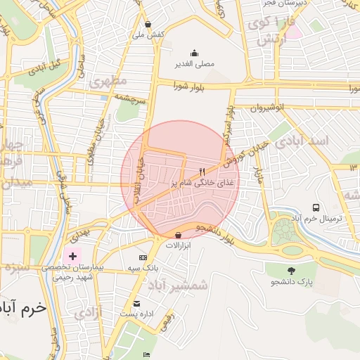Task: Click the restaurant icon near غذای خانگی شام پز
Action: click(x=202, y=171)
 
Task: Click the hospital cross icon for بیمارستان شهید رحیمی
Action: click(x=72, y=256)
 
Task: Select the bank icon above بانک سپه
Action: click(x=143, y=258)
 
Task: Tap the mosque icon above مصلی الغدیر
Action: click(x=195, y=53)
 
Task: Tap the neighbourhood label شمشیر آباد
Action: click(x=179, y=285)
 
